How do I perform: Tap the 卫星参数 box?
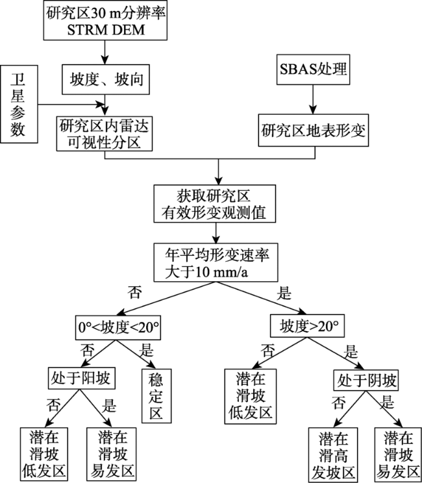tap(19, 103)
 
